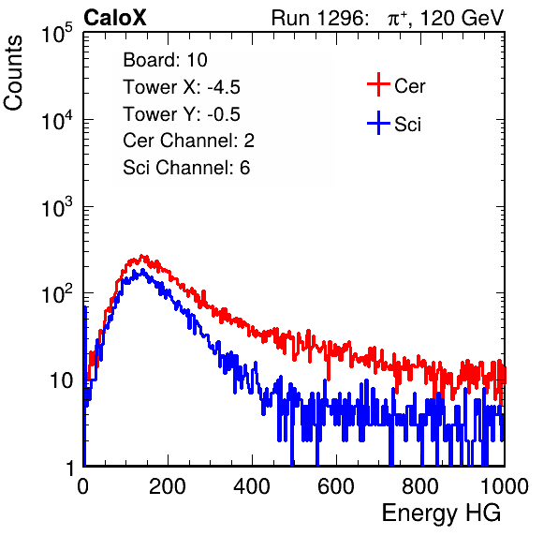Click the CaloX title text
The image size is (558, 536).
pos(114,18)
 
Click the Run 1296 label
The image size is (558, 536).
pos(319,18)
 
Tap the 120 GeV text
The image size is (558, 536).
pos(462,18)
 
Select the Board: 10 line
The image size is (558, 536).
pos(165,60)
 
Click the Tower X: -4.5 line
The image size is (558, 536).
pos(182,87)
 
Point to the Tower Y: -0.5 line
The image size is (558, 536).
pos(182,114)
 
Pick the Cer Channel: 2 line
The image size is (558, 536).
pos(188,141)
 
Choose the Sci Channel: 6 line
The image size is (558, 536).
pos(186,168)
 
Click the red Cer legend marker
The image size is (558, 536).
pos(378,84)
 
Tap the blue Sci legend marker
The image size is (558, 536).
pos(378,124)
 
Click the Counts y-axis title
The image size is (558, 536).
pos(13,73)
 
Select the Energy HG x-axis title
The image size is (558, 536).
pos(441,514)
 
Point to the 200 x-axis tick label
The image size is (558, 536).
pos(168,485)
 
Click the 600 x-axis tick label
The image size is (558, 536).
pos(336,485)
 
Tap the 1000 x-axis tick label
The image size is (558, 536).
pos(505,485)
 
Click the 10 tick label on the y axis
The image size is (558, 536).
pos(62,380)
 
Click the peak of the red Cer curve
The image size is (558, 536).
pos(142,256)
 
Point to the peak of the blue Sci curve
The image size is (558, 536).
pos(142,271)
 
